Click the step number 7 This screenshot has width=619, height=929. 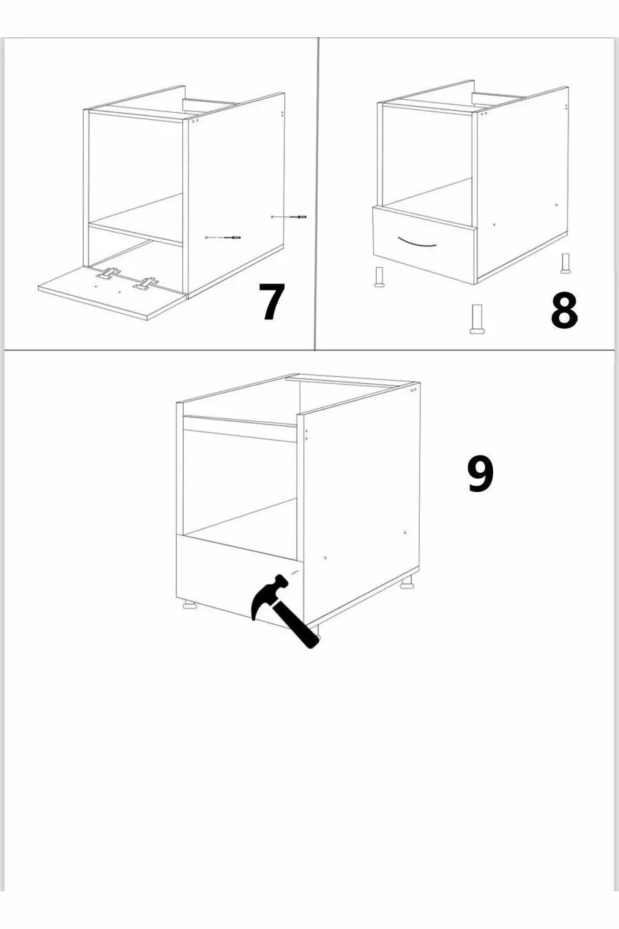[271, 301]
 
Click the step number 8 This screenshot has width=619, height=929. [564, 310]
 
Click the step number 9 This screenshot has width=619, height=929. [481, 474]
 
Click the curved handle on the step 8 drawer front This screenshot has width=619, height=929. [417, 243]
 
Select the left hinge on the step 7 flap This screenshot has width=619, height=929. [108, 274]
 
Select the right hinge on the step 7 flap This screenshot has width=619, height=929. [146, 284]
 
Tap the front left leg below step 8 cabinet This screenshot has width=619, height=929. [380, 277]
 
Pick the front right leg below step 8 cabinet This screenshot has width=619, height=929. [477, 319]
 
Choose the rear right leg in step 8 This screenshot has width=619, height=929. [565, 264]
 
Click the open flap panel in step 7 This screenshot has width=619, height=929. [112, 292]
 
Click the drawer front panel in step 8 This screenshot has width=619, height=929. [424, 245]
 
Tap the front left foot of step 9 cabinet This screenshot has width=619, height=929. [191, 606]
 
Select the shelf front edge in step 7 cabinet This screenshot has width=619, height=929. [135, 235]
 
